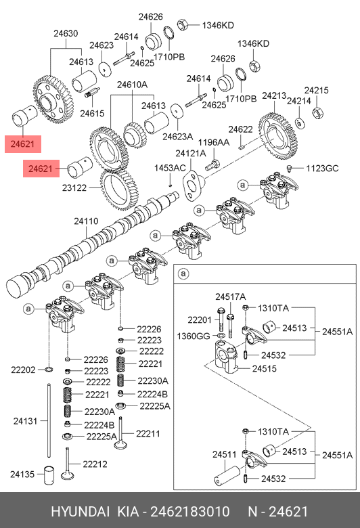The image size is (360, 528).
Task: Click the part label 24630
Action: (66, 33)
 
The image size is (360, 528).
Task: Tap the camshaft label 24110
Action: (86, 221)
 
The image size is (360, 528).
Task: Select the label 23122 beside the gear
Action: (74, 188)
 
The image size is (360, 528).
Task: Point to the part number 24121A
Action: (191, 154)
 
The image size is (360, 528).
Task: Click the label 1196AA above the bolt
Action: (214, 142)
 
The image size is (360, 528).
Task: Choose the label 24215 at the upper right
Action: (316, 90)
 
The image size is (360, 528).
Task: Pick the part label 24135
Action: (22, 474)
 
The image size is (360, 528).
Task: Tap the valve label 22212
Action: (95, 464)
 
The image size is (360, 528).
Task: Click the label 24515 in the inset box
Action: (265, 368)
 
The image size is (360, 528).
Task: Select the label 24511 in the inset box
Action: (225, 455)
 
